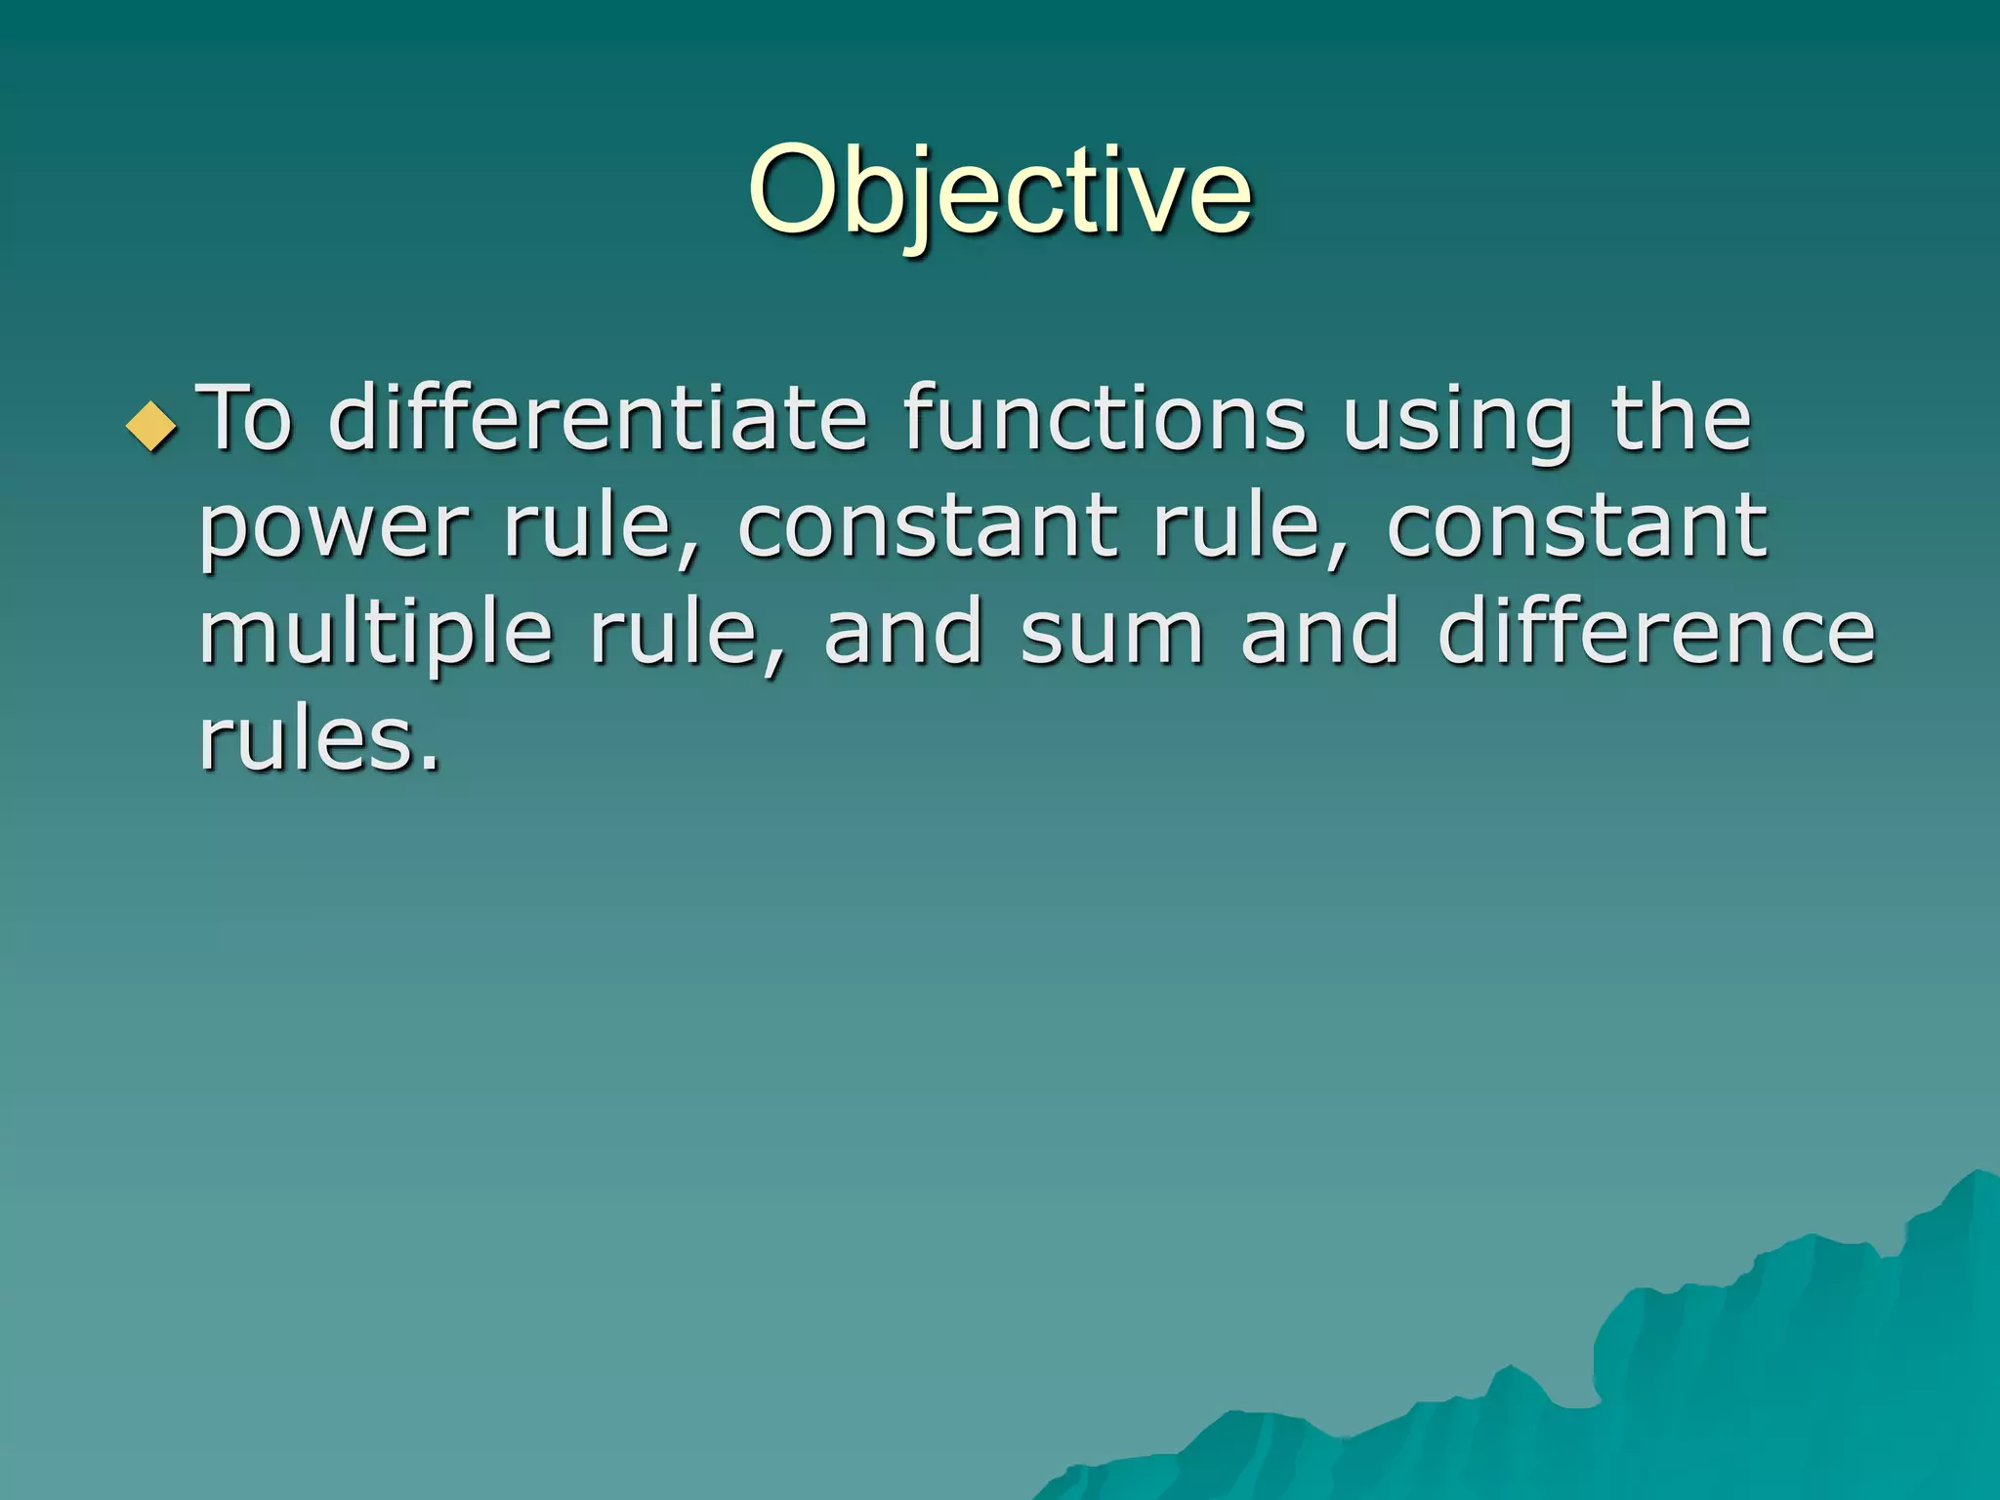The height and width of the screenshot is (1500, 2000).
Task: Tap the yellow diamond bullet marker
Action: point(152,425)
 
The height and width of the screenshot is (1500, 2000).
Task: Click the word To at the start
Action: point(245,419)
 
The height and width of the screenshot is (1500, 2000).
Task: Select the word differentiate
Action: point(598,419)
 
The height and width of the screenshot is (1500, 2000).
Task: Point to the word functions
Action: point(1104,419)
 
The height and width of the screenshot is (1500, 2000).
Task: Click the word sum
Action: point(1112,634)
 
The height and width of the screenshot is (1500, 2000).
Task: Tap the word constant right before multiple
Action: point(1576,527)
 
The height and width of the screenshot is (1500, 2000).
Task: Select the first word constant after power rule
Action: point(927,527)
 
